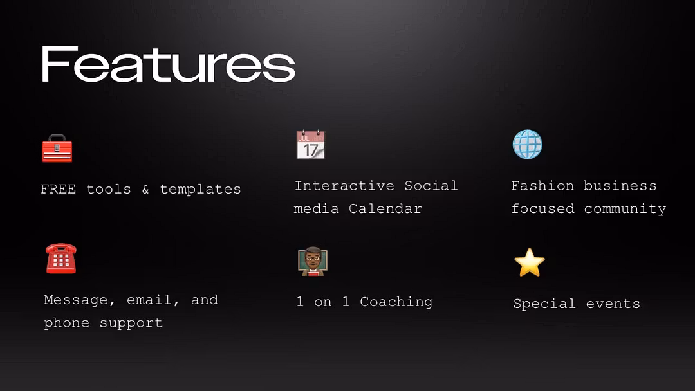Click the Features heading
169,65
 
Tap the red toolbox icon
57,149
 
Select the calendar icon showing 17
311,144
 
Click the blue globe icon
528,144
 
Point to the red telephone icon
61,258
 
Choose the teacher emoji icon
313,261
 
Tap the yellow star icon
530,262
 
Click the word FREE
59,190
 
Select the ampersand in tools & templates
145,190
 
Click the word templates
200,190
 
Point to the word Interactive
344,186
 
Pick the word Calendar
385,208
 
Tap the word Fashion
542,186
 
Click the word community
625,209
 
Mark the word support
131,323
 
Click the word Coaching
396,302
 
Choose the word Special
545,304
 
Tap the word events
613,304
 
